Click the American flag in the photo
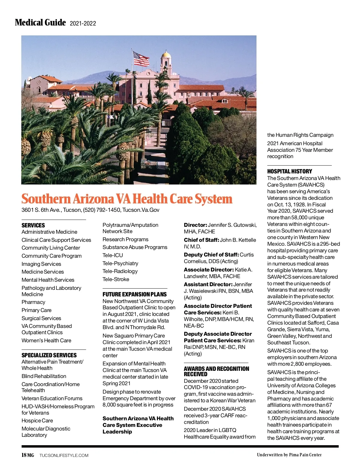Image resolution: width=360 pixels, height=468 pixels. coord(141,58)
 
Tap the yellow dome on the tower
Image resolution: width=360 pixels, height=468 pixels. coord(166,55)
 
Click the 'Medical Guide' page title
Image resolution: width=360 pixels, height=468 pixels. coord(40,22)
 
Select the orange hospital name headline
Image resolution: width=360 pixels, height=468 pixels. coord(127,199)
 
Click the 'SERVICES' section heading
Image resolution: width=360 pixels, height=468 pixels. coord(33,225)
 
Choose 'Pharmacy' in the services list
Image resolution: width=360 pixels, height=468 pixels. coord(33,302)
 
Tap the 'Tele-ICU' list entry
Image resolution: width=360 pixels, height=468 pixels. coord(113,255)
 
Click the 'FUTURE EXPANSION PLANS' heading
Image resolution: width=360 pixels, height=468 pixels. coord(135,294)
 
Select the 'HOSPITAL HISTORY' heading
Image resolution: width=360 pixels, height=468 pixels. coord(290,171)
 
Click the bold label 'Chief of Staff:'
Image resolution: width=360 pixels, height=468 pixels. coord(201,240)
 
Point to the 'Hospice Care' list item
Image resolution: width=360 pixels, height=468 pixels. coord(37,421)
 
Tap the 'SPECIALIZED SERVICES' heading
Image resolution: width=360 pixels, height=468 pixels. coord(49,355)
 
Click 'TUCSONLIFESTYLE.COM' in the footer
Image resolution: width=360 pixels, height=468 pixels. coord(64,455)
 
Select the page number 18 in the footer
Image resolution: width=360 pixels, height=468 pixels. coord(24,455)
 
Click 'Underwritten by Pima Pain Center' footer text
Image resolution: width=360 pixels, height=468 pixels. coord(289,455)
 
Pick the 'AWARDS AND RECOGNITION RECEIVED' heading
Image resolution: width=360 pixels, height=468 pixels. coord(216,371)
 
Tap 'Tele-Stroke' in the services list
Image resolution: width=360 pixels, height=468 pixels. coord(116,279)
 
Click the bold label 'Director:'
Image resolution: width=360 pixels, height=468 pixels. coord(195,225)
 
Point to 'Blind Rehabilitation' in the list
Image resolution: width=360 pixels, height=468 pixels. coord(44,376)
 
